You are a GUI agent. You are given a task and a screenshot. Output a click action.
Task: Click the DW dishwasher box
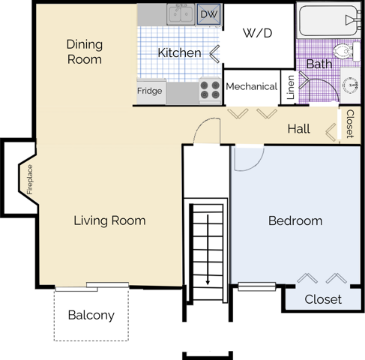coord(209,14)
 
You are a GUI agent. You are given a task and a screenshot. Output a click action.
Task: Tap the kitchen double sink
coord(181,14)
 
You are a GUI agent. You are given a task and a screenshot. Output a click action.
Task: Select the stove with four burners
coord(210,90)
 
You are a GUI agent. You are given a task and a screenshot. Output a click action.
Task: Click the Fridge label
coord(150,91)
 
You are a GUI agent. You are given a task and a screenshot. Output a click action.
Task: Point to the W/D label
coord(257,33)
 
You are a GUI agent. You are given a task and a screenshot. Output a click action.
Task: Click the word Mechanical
coord(252,86)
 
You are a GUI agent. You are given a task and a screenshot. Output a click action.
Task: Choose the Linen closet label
coord(291,87)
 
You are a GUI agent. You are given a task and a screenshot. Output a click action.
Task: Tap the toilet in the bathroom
coord(346,52)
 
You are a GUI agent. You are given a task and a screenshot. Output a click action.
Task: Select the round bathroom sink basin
coord(350,85)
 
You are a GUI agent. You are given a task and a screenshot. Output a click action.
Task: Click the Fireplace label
coord(30,179)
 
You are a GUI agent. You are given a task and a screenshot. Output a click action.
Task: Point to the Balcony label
coord(91,315)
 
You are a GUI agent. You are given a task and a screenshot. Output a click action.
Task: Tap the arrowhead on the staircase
coord(208,282)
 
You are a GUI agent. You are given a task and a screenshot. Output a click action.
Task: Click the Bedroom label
coord(295,220)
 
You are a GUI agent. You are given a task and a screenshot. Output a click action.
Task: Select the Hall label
coord(299,129)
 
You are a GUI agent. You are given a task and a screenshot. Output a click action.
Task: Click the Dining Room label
coord(85,52)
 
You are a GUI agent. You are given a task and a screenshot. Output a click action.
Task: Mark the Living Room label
coord(109,220)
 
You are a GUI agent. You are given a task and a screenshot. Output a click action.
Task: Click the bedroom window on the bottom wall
coord(256,286)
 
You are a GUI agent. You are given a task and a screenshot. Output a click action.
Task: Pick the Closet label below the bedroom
coord(323,299)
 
